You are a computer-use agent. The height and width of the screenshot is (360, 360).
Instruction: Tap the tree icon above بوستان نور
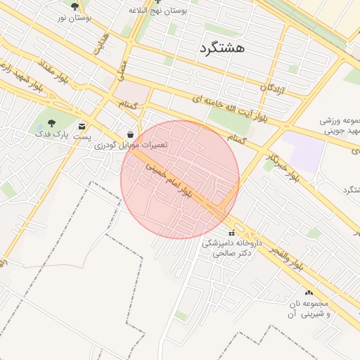tap(75, 6)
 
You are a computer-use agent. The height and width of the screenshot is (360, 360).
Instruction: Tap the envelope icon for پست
tap(83, 127)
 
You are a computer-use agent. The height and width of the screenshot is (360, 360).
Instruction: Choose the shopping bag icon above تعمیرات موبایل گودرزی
tap(131, 134)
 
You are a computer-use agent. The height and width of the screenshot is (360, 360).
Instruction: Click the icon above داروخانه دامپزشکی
tap(231, 233)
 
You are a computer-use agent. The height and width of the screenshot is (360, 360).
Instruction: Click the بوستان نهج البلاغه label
tap(160, 11)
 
